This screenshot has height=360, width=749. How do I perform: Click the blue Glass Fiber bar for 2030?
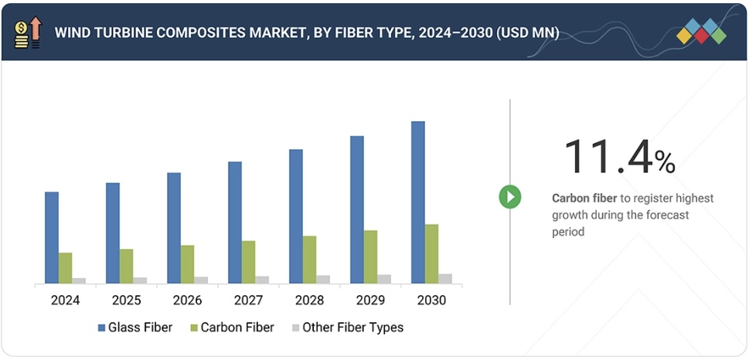(x=417, y=202)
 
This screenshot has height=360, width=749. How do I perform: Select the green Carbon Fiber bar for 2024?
(x=65, y=268)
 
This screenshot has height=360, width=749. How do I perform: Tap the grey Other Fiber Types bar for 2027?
(x=262, y=280)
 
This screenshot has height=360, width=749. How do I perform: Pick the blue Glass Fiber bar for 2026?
(x=174, y=228)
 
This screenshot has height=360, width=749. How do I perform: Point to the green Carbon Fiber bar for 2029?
(x=370, y=256)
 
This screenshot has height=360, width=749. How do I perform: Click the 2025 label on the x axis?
(x=126, y=300)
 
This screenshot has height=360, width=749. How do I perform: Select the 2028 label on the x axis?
(x=309, y=300)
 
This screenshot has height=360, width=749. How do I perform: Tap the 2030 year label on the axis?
(x=431, y=300)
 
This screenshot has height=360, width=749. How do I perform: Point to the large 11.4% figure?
(x=619, y=157)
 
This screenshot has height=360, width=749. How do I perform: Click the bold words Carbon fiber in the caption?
(x=584, y=199)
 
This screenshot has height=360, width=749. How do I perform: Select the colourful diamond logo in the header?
(x=701, y=32)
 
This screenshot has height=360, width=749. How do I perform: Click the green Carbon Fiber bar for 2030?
(x=431, y=254)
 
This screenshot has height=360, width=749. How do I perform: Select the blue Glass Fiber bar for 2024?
(x=52, y=237)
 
